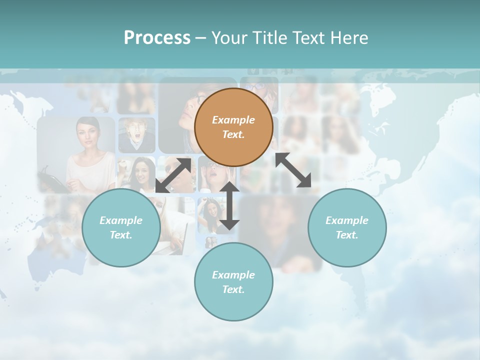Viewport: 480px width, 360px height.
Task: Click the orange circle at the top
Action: [233, 127]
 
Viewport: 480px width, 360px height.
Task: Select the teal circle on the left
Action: [121, 227]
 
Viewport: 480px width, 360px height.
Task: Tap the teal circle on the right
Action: [347, 227]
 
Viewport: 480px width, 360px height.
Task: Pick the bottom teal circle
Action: [233, 281]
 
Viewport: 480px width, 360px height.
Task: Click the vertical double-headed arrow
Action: [229, 205]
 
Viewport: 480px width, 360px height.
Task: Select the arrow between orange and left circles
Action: [173, 175]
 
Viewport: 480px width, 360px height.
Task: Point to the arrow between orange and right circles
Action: [293, 170]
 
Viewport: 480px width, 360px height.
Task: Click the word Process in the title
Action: [157, 37]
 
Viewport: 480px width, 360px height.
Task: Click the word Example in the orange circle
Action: [233, 120]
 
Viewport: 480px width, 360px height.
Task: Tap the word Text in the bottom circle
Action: [233, 289]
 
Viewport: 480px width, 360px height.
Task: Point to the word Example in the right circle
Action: [347, 220]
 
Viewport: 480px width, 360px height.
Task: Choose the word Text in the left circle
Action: [121, 235]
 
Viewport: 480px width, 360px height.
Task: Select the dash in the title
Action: [201, 38]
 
